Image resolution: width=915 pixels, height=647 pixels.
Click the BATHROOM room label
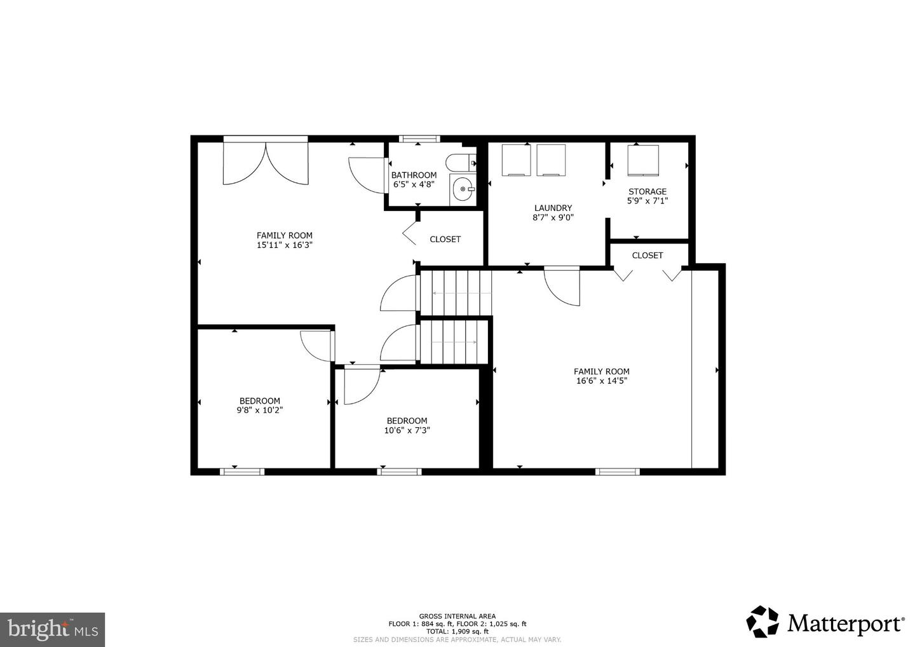click(414, 175)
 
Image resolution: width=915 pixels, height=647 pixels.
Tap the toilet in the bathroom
click(461, 163)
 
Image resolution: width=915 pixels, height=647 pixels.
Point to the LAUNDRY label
click(553, 208)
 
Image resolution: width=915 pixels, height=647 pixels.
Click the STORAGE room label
click(647, 191)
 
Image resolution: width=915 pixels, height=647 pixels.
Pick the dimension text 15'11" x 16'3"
click(284, 245)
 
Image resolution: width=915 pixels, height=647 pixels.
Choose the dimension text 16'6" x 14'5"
click(601, 381)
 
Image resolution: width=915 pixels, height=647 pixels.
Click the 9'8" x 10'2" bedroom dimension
click(260, 410)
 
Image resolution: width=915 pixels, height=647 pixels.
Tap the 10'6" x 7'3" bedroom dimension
click(407, 430)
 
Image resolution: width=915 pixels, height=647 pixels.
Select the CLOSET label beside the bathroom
click(445, 240)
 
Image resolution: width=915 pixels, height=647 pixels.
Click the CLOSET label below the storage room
click(647, 255)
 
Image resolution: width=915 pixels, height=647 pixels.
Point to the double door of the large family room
click(266, 163)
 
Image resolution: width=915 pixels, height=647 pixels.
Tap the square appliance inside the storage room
click(643, 161)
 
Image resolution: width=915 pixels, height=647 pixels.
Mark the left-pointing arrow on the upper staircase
click(462, 293)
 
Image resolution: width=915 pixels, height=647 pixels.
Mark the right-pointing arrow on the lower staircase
click(454, 343)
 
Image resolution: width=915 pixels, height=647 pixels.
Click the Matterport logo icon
click(762, 622)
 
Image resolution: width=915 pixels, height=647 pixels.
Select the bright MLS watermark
click(52, 629)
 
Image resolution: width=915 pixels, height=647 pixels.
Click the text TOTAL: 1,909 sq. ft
click(457, 631)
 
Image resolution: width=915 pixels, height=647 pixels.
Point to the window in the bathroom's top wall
click(419, 139)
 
